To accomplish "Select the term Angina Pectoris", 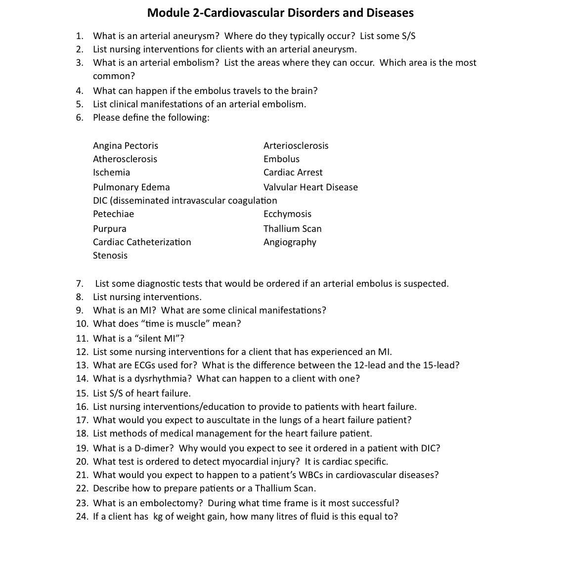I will click(x=126, y=146).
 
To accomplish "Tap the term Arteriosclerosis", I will click(x=296, y=146).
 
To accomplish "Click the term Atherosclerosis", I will click(x=125, y=159).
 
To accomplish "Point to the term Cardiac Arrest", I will click(x=293, y=173).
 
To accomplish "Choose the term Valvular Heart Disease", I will click(x=310, y=187).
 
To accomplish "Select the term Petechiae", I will click(x=113, y=214).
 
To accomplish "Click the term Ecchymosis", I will click(x=287, y=214).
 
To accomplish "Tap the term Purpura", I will click(x=110, y=229).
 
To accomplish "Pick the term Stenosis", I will click(x=110, y=256).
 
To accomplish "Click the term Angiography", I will click(x=290, y=242).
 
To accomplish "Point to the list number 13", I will click(x=82, y=365).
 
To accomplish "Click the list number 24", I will click(x=82, y=517).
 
